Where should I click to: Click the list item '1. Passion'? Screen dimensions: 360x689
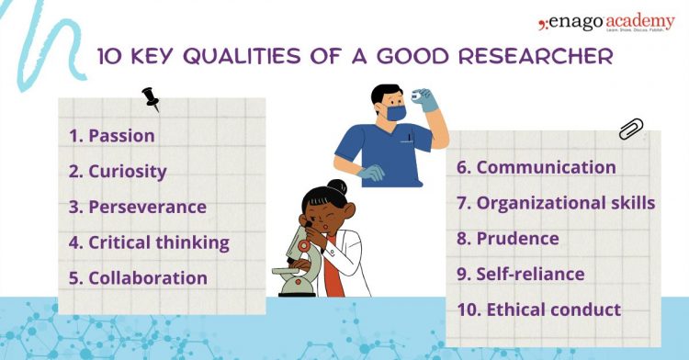[111, 136]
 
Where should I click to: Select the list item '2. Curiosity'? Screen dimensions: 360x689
[118, 171]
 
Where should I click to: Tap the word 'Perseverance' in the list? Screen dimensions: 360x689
[147, 207]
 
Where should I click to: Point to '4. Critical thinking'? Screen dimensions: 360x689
[148, 242]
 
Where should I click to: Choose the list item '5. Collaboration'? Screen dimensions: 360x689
[138, 277]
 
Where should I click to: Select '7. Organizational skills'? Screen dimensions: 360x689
[556, 202]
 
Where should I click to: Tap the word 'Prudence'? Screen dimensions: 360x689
[517, 238]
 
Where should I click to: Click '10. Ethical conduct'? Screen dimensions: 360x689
[538, 309]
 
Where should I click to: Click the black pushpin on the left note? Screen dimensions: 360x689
[151, 98]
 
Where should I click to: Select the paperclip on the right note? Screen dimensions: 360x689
[631, 129]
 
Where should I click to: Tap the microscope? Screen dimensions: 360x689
[299, 262]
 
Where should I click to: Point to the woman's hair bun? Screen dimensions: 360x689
[337, 187]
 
